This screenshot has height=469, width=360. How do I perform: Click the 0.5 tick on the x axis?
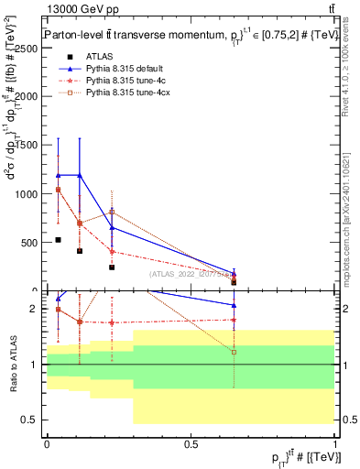point(191,443)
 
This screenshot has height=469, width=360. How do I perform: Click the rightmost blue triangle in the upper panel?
point(234,273)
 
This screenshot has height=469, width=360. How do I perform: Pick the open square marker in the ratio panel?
point(234,352)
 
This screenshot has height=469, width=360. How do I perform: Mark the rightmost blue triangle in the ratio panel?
point(234,305)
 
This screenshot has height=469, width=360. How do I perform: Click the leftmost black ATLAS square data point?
point(58,240)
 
